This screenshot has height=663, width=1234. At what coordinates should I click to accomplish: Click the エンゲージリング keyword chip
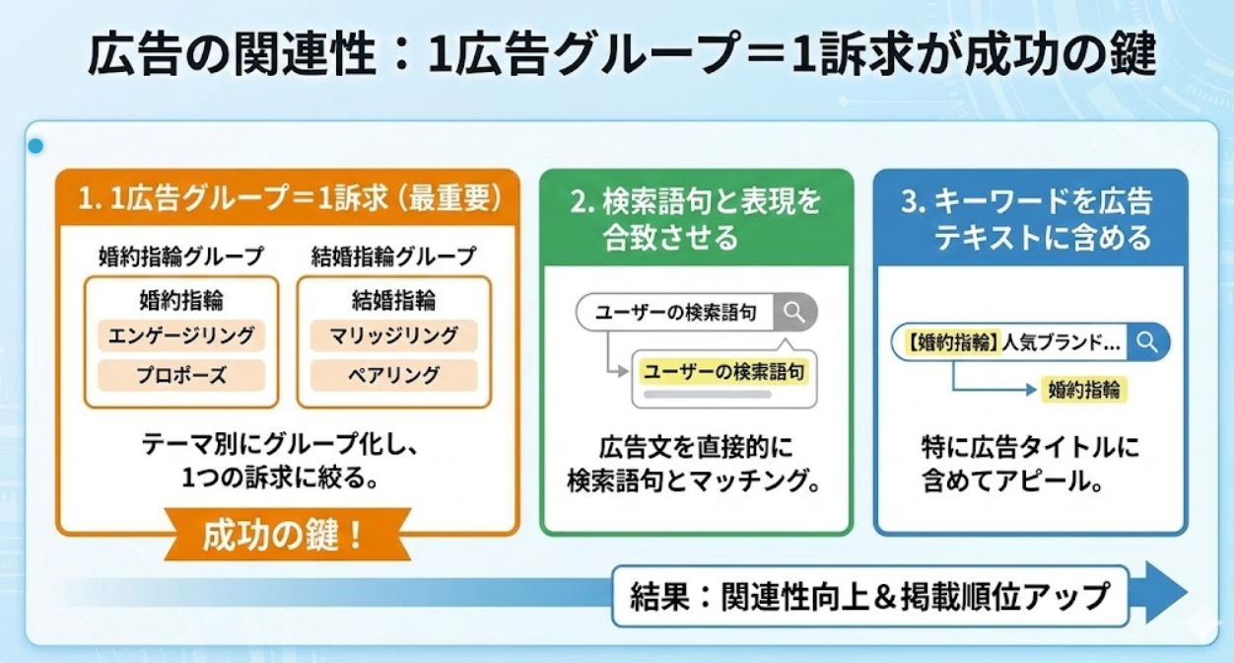click(x=181, y=335)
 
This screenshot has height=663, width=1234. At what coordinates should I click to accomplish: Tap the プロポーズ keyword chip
click(x=181, y=376)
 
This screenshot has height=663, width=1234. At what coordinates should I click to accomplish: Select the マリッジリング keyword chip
click(x=394, y=335)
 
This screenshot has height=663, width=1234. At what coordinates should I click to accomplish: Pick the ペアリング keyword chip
click(x=394, y=376)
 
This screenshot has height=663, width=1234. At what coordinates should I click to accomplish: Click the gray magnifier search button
click(x=795, y=312)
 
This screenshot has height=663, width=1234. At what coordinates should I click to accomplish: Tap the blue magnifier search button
click(x=1148, y=342)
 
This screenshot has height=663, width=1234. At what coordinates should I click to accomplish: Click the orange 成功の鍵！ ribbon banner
click(x=288, y=535)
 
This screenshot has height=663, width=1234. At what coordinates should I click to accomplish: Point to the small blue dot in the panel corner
click(x=35, y=146)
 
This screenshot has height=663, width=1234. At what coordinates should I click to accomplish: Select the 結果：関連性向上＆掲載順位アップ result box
click(x=870, y=596)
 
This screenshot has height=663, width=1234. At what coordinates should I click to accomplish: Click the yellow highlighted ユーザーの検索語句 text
click(x=723, y=372)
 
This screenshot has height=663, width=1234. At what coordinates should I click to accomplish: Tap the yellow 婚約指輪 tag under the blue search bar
click(x=1083, y=390)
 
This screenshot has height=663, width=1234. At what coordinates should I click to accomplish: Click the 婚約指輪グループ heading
click(x=181, y=257)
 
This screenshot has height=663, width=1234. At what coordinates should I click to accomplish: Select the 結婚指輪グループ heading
click(x=394, y=257)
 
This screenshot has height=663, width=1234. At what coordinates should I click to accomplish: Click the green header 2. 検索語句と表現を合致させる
click(x=696, y=218)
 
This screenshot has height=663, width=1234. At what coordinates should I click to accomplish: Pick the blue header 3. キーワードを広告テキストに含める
click(x=1030, y=218)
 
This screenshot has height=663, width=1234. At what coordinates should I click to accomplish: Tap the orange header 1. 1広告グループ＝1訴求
click(x=288, y=198)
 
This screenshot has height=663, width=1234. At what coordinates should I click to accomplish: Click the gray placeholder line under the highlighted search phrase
click(x=708, y=395)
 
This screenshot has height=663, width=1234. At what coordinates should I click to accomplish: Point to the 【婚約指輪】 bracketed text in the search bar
click(x=952, y=342)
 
